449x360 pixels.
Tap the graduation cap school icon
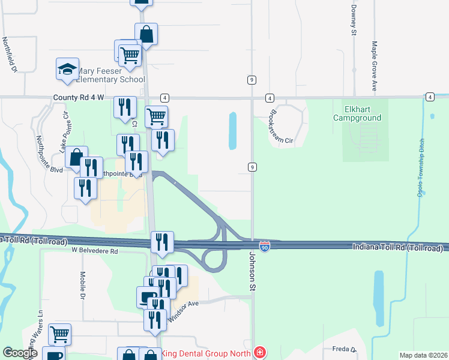(68, 70)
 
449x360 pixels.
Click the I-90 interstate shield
(264, 247)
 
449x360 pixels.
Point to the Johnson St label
(252, 272)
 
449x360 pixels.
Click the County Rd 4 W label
(78, 97)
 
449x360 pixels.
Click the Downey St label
(354, 19)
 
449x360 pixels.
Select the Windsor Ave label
(183, 311)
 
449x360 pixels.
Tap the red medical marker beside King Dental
(259, 353)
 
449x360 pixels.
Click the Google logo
(20, 353)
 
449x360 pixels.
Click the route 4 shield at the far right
(430, 97)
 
